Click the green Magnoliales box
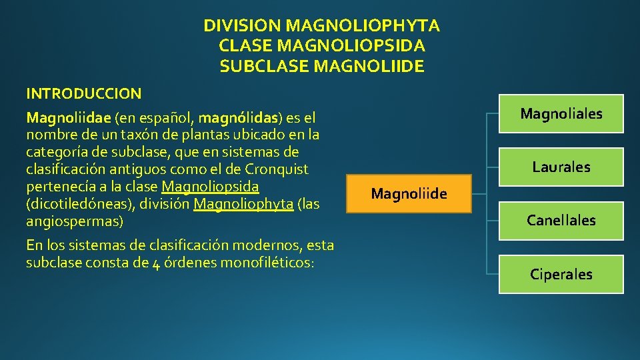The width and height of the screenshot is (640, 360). coord(561,114)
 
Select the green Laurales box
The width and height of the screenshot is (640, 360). coord(561,167)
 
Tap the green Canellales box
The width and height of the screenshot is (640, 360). coord(561,220)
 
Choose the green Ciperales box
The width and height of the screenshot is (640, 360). coord(561,274)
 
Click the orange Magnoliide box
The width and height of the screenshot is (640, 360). coord(409,194)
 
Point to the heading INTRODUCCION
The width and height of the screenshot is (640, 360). coord(83,93)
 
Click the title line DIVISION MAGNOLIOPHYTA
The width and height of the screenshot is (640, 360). coord(321,26)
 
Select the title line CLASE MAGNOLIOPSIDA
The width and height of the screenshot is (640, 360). coord(321,46)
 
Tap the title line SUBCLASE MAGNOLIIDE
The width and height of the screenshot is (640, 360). coord(321,67)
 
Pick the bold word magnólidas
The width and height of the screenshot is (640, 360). coord(239,119)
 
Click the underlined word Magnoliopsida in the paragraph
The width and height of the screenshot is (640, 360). coord(210,186)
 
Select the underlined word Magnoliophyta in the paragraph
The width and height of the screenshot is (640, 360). coord(243,203)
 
